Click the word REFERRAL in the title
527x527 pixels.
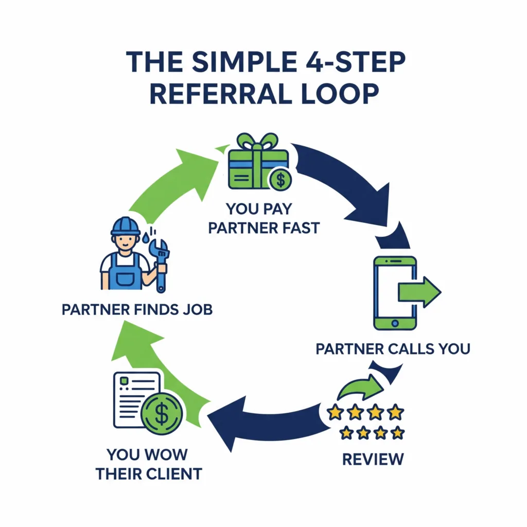tap(220, 94)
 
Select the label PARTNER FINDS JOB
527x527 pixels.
tap(137, 309)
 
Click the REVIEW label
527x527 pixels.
tap(373, 460)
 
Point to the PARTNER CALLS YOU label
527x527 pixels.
tap(393, 349)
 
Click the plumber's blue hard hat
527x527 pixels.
tap(126, 225)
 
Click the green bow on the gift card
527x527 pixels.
tap(257, 142)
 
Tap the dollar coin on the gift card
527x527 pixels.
tap(280, 179)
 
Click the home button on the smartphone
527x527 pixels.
tap(395, 323)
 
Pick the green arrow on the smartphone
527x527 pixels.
tap(419, 292)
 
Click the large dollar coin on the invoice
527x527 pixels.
tap(162, 414)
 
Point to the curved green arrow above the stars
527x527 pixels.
tap(360, 387)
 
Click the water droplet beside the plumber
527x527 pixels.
tap(145, 238)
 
